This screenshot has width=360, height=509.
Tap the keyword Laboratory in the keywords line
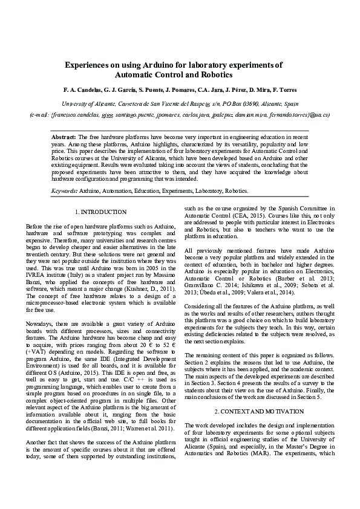point(208,190)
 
